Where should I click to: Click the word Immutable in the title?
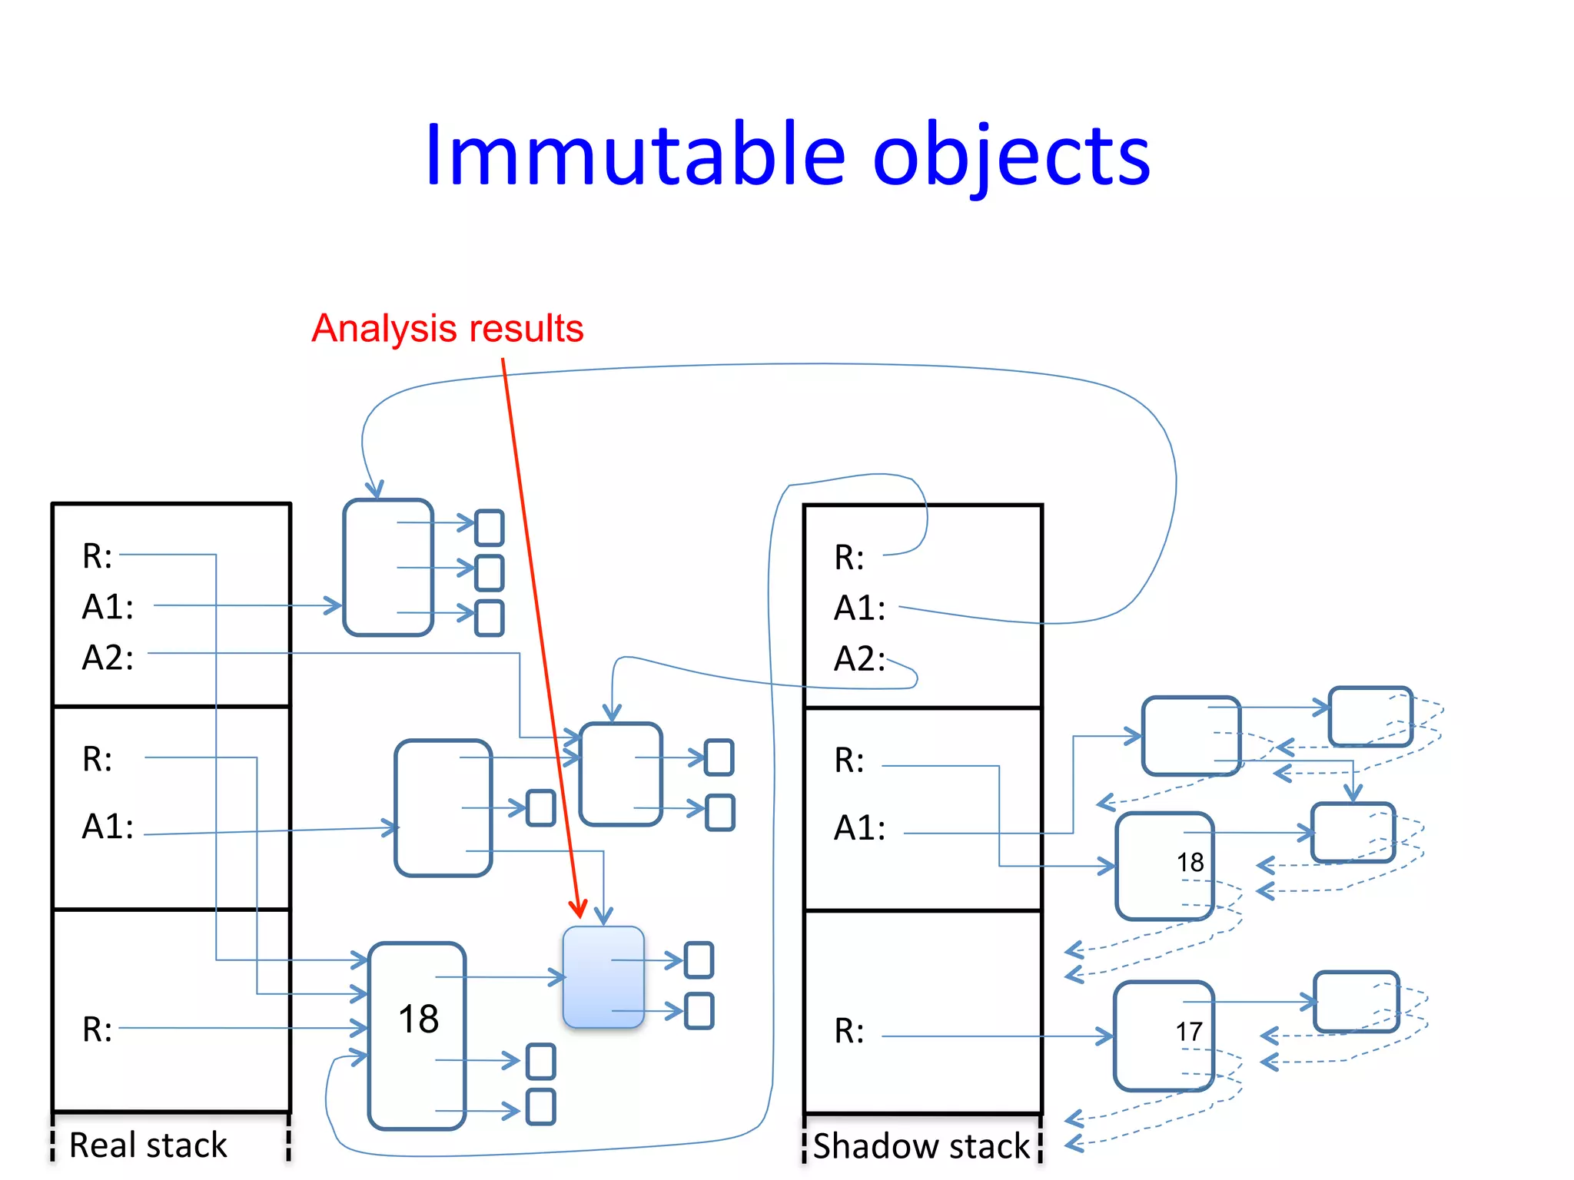635,156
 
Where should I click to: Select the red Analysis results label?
447,328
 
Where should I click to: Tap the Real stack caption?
148,1145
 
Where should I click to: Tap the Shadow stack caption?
921,1145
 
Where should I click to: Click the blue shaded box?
603,976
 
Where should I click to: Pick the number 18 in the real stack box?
418,1019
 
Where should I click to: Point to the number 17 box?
1164,1035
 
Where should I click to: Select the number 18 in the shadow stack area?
1190,862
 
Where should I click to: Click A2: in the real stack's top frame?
108,658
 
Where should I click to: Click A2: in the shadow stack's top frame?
859,659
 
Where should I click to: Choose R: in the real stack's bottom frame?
98,1029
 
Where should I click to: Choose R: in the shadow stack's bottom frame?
849,1031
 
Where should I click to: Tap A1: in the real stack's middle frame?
108,827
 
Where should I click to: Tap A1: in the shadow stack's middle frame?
859,828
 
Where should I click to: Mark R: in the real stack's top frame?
98,556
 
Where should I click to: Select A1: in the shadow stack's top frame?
859,608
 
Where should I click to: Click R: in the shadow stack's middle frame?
849,761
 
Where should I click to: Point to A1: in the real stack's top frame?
108,607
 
